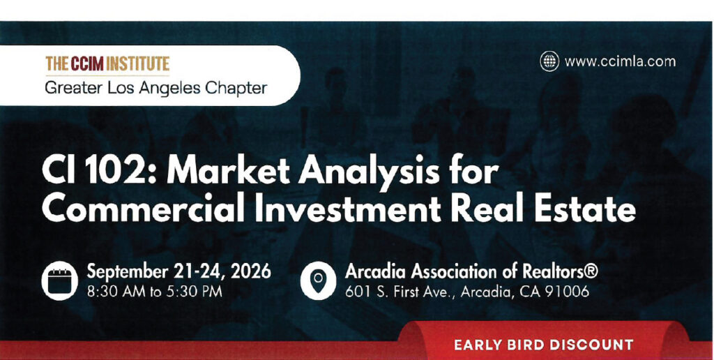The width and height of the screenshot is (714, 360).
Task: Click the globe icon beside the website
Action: (x=549, y=61)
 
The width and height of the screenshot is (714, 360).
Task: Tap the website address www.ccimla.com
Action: (x=620, y=61)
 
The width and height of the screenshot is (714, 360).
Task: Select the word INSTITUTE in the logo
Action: (x=138, y=63)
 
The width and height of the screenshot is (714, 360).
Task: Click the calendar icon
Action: (x=56, y=280)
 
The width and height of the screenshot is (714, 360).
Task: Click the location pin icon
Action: (x=318, y=280)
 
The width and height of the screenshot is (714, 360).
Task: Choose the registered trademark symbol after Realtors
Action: (x=590, y=271)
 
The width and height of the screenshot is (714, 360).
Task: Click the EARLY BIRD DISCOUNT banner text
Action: (x=544, y=344)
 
